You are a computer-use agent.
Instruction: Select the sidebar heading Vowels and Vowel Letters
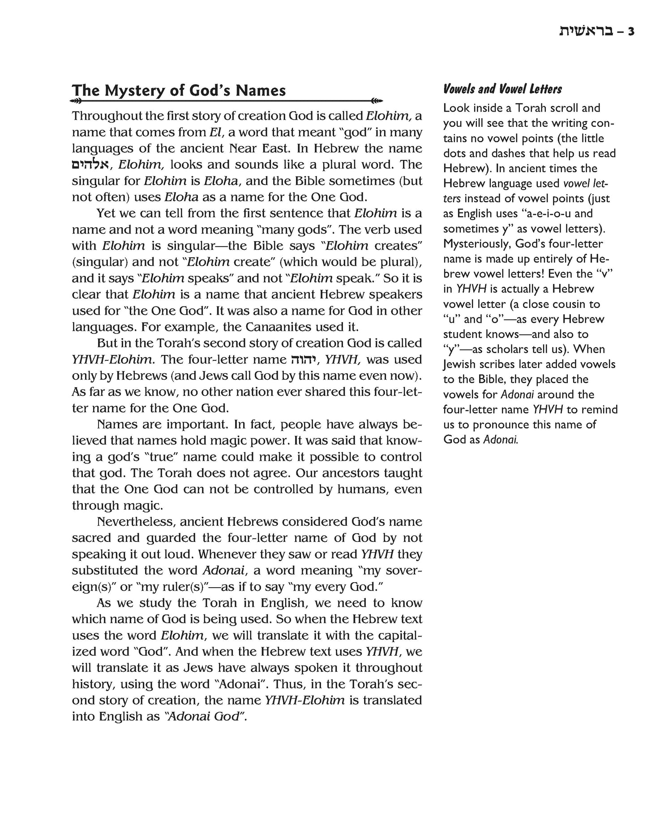(x=502, y=89)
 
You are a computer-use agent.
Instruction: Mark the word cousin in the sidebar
(x=566, y=304)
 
